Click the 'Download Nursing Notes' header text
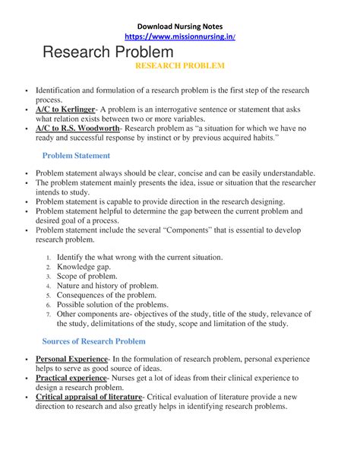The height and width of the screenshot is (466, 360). (179, 23)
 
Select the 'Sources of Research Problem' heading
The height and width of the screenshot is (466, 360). (93, 341)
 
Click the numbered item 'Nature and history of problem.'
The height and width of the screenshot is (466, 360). (107, 286)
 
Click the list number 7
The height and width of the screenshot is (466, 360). (48, 314)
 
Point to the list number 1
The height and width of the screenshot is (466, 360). (48, 258)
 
